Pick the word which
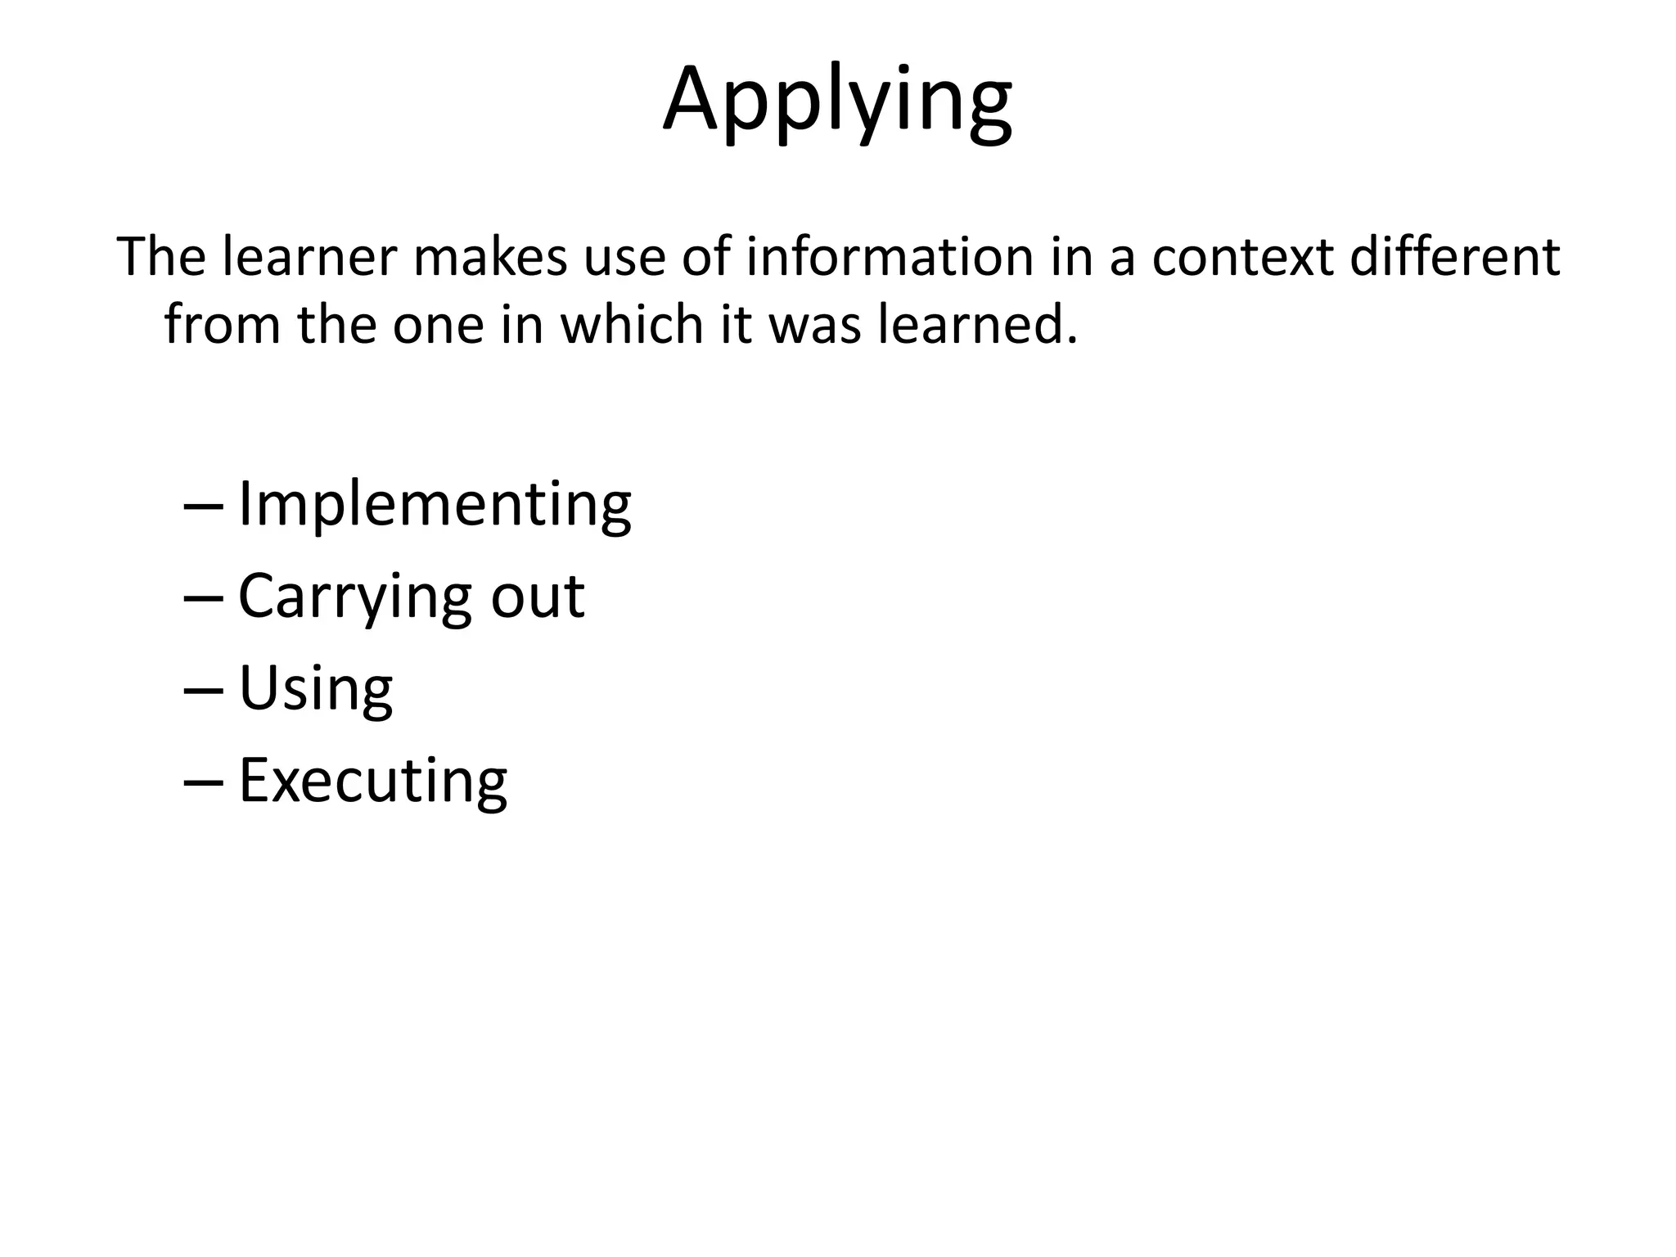click(631, 324)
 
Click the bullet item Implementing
click(435, 505)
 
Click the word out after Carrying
click(538, 597)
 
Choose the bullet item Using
click(315, 688)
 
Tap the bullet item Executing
click(372, 780)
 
